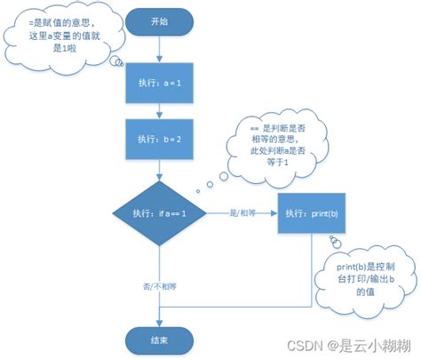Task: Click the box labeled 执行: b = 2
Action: (160, 140)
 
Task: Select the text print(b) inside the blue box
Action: (322, 214)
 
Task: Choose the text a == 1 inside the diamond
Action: (175, 214)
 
